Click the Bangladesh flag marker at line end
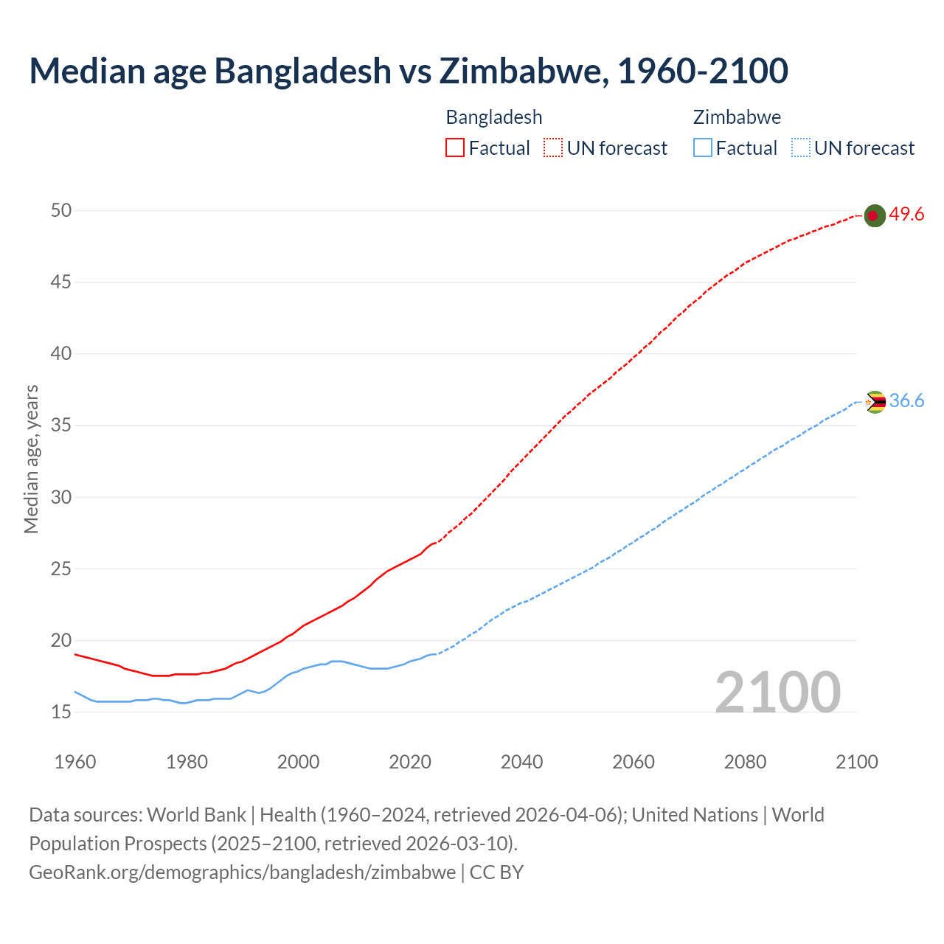point(874,215)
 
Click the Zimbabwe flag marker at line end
point(875,402)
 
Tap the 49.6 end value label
point(906,215)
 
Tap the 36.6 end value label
point(906,401)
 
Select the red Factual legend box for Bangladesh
point(455,148)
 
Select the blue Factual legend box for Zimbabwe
point(702,148)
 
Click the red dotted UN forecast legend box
point(553,148)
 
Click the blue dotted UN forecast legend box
point(800,148)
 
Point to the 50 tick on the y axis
point(61,211)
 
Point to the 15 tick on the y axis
point(61,712)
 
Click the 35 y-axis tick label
point(61,426)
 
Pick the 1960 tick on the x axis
point(75,762)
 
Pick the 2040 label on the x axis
point(521,762)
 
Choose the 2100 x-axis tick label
point(857,762)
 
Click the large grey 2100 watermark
point(777,692)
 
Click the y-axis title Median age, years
point(31,459)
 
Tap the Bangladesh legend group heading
point(494,117)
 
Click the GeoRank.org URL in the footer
point(242,872)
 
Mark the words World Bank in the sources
point(196,815)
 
